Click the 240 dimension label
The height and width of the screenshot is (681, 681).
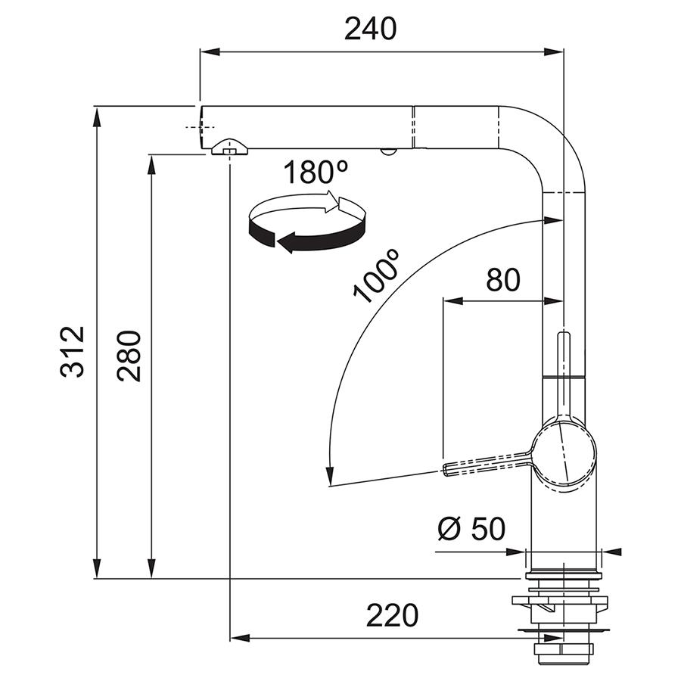pos(370,29)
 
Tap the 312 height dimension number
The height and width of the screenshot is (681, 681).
pos(72,351)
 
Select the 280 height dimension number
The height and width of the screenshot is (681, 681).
pos(129,356)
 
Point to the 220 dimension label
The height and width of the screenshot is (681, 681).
pos(392,615)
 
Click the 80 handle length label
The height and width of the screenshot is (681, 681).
pos(502,280)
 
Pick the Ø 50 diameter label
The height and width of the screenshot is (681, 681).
pos(471,528)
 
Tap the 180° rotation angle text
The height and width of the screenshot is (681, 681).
pos(316,172)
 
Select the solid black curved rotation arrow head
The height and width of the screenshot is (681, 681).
pos(287,242)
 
